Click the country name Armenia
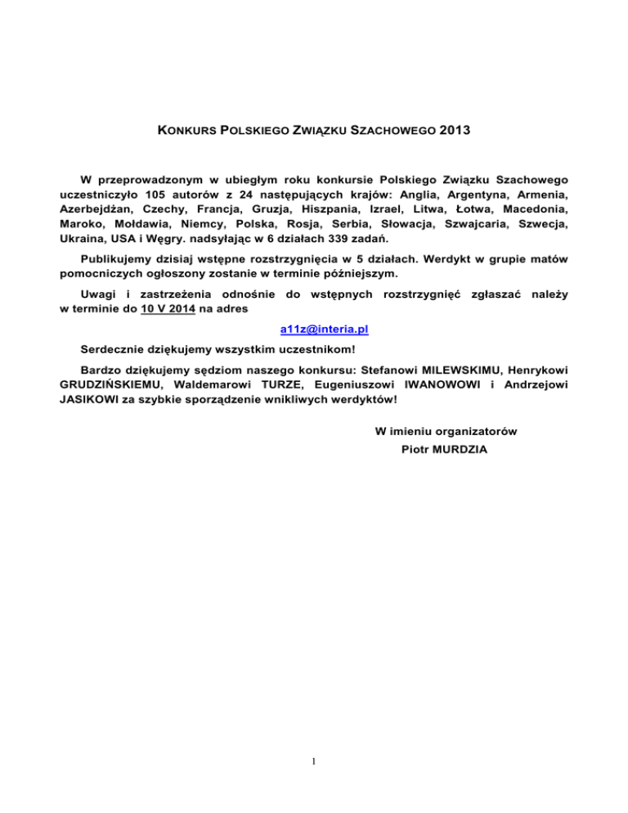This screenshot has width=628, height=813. click(537, 194)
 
